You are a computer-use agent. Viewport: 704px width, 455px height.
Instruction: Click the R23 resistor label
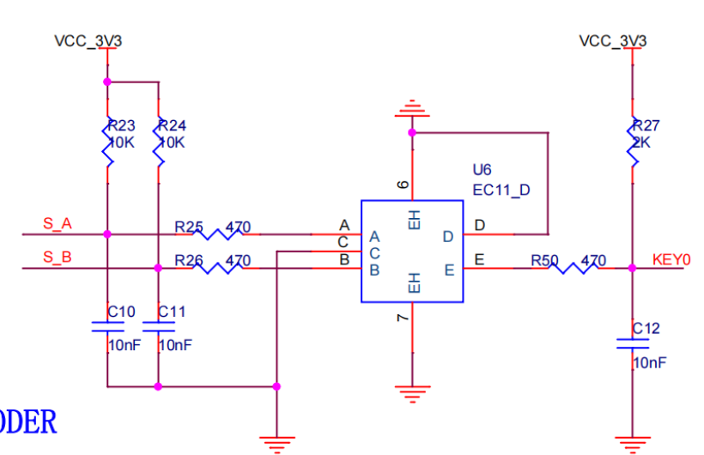click(121, 125)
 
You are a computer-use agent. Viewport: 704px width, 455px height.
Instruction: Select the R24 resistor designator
click(173, 125)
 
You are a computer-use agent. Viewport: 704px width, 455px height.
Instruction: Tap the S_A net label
click(58, 224)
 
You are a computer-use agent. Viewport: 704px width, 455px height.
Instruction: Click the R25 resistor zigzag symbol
click(216, 234)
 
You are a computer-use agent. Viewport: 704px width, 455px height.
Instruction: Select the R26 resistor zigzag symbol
click(216, 268)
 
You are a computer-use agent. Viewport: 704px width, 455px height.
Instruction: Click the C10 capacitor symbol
click(107, 327)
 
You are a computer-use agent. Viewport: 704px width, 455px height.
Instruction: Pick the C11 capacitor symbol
click(158, 327)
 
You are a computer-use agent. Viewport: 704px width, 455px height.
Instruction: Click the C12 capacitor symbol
click(632, 343)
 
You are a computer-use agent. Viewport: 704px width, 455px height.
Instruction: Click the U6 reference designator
click(482, 169)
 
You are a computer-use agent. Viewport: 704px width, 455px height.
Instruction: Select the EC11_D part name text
click(501, 189)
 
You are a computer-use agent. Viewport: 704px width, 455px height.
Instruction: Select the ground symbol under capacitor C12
click(632, 443)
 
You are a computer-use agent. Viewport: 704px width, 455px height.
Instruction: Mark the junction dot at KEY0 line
click(632, 268)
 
